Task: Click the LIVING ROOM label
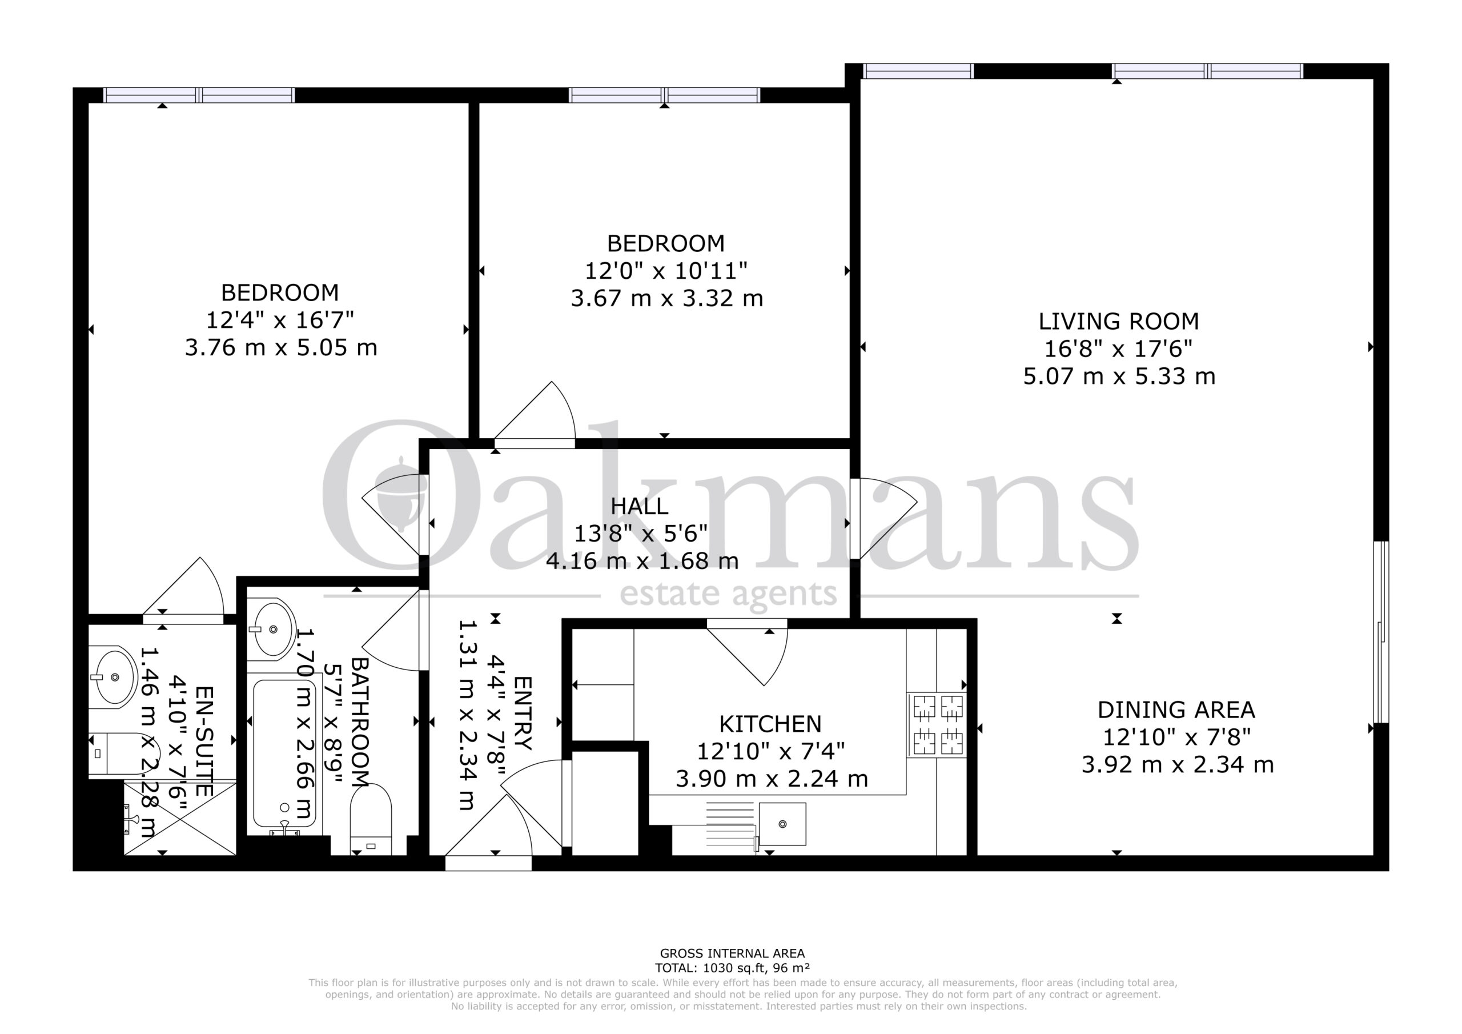1118,321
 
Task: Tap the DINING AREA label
1176,710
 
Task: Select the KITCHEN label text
770,724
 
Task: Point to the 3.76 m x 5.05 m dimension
281,348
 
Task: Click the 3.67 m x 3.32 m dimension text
666,298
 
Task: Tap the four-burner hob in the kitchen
937,724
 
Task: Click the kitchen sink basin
782,824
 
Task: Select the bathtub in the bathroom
284,754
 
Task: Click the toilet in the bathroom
371,820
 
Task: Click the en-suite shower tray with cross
179,819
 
